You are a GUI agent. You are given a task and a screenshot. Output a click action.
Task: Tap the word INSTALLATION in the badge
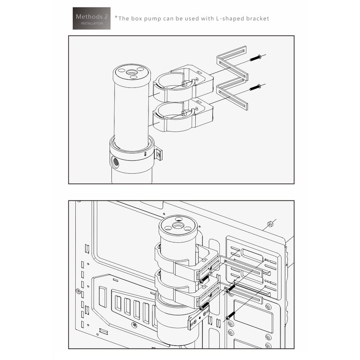click(x=92, y=23)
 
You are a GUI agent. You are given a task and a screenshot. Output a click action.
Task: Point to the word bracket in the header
click(x=258, y=18)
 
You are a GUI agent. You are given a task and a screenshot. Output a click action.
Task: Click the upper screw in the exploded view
click(x=255, y=58)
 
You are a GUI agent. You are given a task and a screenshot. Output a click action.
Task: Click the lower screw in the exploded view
click(x=255, y=87)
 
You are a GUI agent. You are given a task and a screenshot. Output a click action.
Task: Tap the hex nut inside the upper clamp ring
click(x=184, y=84)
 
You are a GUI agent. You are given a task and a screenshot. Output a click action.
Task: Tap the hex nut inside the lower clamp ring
click(x=184, y=113)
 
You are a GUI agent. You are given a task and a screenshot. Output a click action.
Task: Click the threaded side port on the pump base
click(x=115, y=162)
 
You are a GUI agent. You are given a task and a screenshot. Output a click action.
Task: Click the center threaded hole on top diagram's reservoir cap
click(x=131, y=72)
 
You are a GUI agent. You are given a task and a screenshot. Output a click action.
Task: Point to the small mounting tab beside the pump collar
click(x=158, y=154)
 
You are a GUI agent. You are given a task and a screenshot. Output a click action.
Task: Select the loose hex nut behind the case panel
click(x=270, y=223)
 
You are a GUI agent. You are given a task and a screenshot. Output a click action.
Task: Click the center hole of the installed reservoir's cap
click(x=177, y=226)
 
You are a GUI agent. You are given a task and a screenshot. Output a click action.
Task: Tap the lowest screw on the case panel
click(x=231, y=315)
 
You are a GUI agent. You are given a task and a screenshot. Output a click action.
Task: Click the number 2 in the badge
click(x=106, y=17)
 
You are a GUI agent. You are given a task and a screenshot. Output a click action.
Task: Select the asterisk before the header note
click(x=116, y=17)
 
